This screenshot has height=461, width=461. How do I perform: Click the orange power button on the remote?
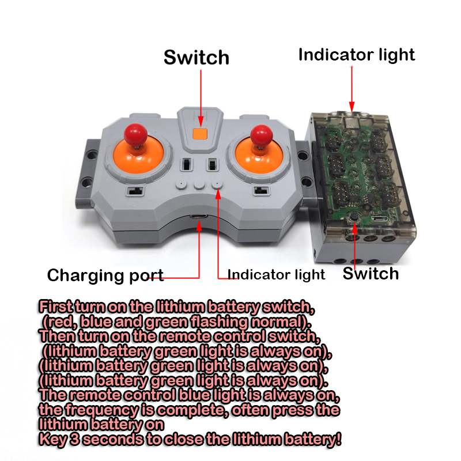(x=200, y=134)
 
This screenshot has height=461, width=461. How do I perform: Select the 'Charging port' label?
(x=105, y=275)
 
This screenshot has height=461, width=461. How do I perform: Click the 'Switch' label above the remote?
(x=197, y=58)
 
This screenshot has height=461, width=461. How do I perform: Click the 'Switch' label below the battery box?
(x=371, y=273)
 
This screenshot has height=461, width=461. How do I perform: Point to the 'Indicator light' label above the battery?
(x=356, y=55)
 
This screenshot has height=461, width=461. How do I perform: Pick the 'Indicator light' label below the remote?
(x=277, y=274)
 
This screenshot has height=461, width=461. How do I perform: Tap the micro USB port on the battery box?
(x=380, y=220)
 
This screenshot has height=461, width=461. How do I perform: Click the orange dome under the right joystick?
(x=258, y=158)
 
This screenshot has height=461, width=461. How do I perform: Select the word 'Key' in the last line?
(x=52, y=440)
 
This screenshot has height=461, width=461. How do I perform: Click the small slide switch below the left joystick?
(x=133, y=191)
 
